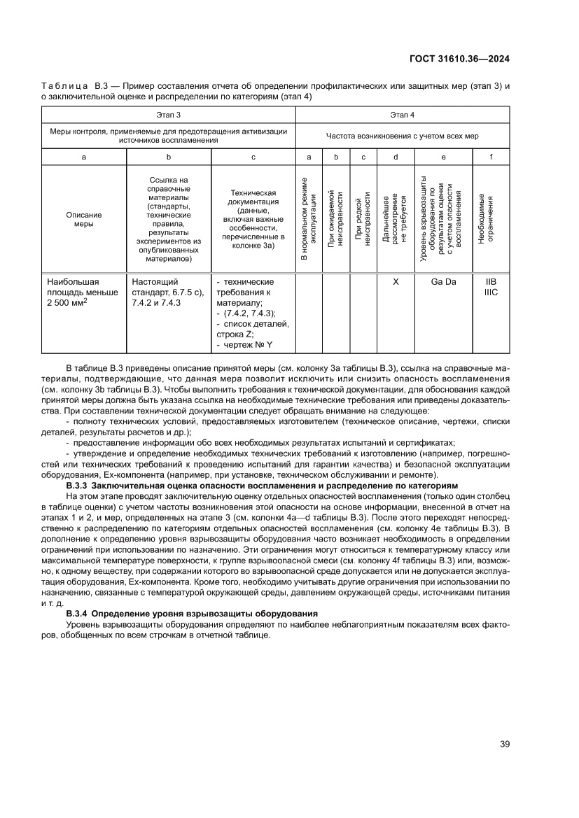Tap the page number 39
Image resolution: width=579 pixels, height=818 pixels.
(504, 744)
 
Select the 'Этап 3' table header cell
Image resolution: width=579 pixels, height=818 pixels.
(168, 114)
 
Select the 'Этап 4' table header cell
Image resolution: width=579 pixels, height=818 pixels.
(402, 114)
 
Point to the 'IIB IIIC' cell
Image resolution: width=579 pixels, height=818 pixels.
(491, 287)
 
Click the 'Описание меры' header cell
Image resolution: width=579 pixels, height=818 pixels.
(84, 220)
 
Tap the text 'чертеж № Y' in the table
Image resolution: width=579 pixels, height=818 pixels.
(249, 344)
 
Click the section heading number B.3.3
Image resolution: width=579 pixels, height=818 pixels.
(76, 486)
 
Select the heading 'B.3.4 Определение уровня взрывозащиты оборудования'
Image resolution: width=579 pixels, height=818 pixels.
(174, 614)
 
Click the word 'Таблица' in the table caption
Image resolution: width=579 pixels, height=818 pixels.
(62, 86)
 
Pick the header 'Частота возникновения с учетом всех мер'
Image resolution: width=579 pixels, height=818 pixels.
(402, 135)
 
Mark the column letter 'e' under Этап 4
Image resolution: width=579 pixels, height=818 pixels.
(443, 157)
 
